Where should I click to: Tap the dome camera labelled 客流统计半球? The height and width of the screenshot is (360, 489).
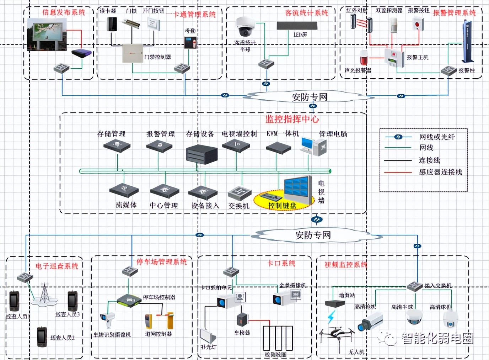pos(245,27)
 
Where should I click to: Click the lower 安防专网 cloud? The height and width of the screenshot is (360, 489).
pos(313,235)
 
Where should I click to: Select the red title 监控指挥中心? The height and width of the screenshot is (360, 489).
pos(292,119)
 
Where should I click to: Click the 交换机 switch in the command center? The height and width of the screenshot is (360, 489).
pos(240,194)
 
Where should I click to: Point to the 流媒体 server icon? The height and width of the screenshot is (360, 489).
pos(124,191)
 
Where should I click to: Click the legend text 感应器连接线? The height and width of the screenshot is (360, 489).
pos(440,172)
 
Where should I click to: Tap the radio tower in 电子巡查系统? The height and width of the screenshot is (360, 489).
pos(44,295)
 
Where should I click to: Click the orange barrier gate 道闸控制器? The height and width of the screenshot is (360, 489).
pos(159,320)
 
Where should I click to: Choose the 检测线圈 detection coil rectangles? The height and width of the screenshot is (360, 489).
pos(278,338)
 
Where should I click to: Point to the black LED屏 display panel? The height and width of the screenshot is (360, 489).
pos(297,26)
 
